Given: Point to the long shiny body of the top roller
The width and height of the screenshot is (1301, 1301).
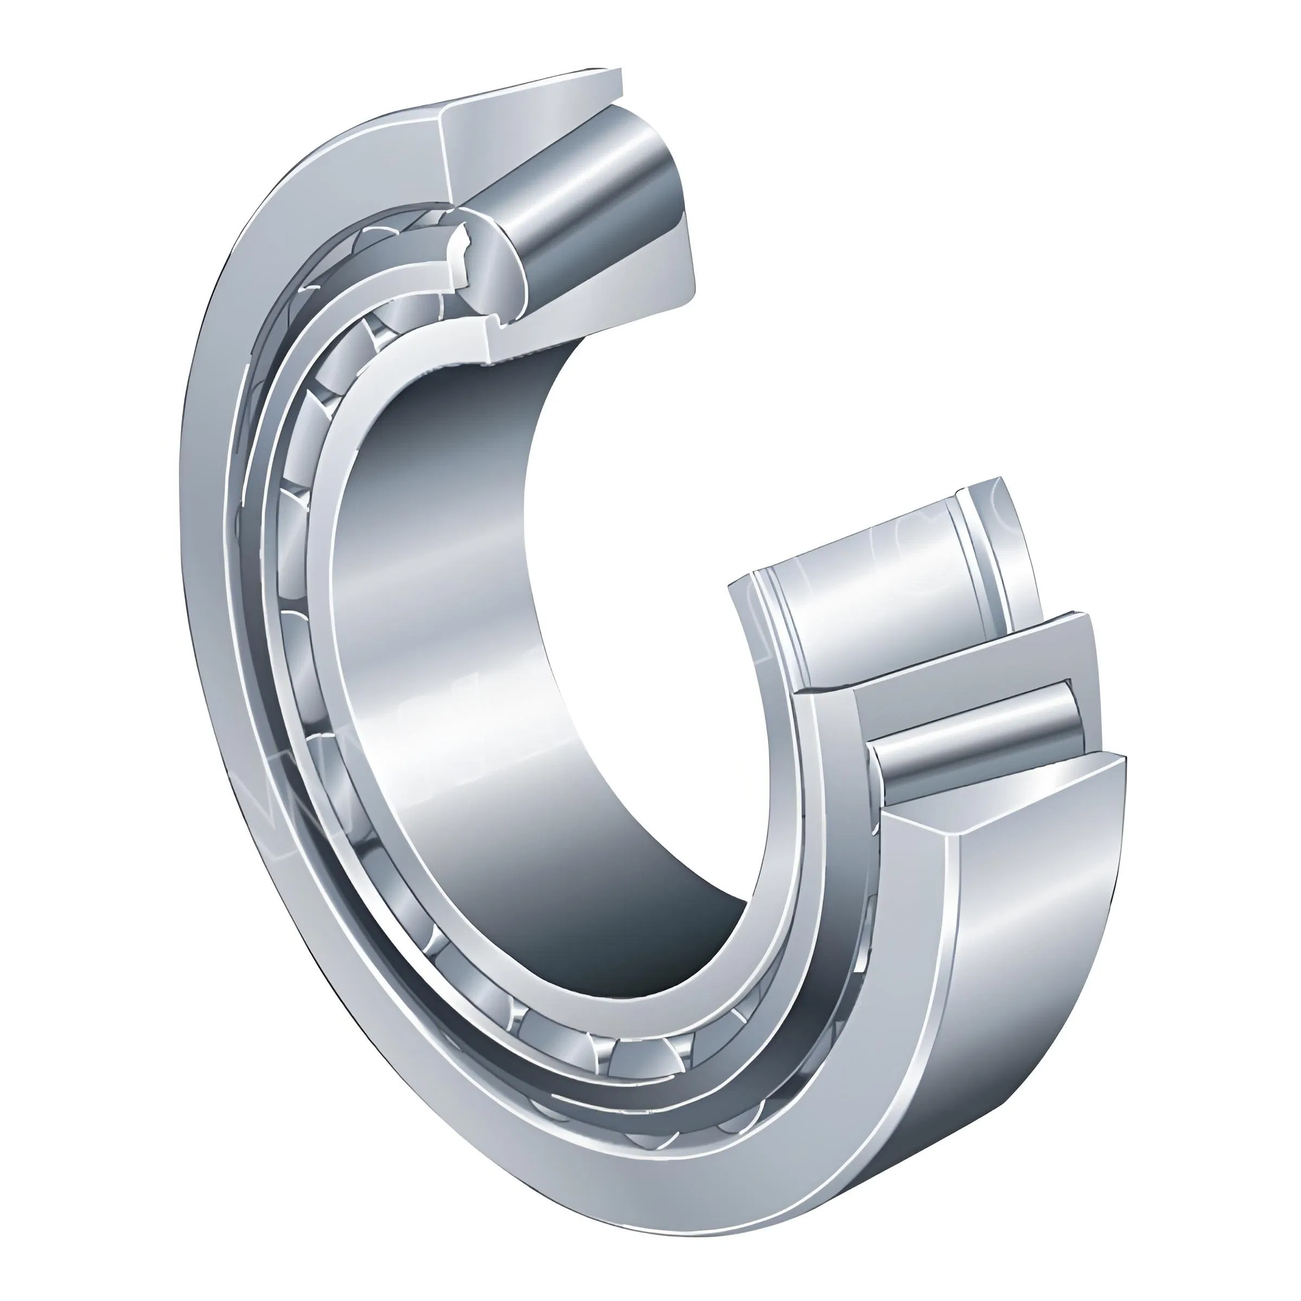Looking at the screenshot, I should [606, 216].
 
